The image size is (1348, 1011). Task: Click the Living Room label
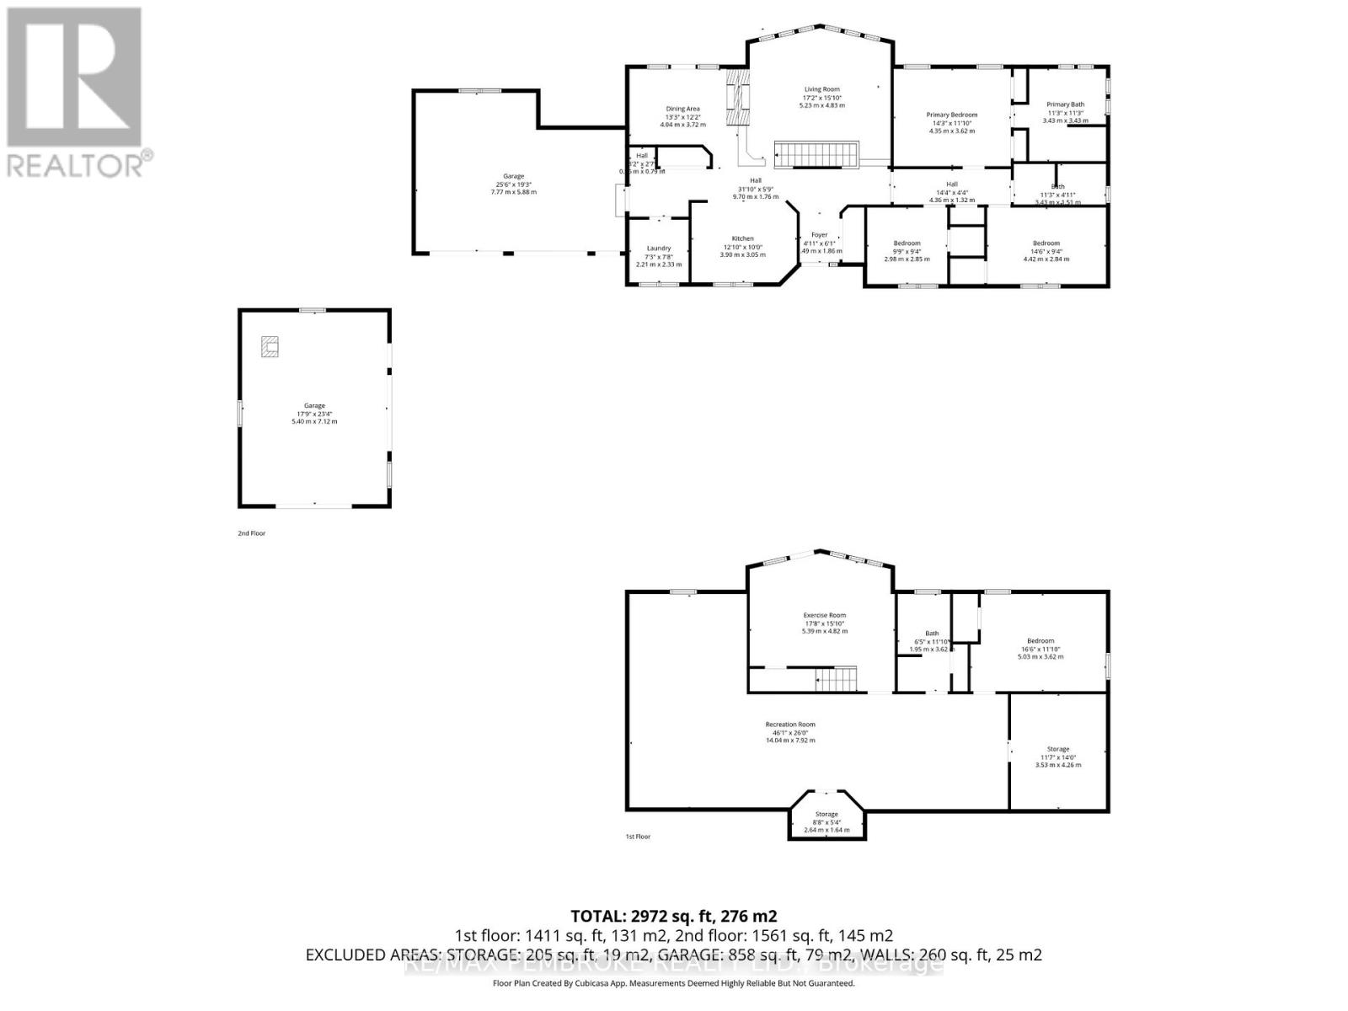pyautogui.click(x=821, y=88)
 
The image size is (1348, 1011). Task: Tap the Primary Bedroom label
pyautogui.click(x=952, y=115)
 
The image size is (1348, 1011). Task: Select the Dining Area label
pyautogui.click(x=682, y=109)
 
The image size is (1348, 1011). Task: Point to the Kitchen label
pyautogui.click(x=742, y=238)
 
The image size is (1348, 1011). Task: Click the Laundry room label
pyautogui.click(x=658, y=249)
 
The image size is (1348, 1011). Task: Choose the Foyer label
pyautogui.click(x=819, y=235)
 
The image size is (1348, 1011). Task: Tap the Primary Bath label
pyautogui.click(x=1065, y=104)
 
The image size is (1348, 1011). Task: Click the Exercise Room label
pyautogui.click(x=824, y=615)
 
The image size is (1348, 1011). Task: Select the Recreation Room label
pyautogui.click(x=789, y=725)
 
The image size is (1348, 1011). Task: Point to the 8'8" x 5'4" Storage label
pyautogui.click(x=826, y=814)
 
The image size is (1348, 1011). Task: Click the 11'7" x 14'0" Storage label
pyautogui.click(x=1057, y=749)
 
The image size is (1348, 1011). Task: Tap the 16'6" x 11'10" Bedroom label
pyautogui.click(x=1040, y=641)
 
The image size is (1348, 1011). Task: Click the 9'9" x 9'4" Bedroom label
pyautogui.click(x=907, y=243)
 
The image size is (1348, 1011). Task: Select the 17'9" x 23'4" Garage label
pyautogui.click(x=314, y=405)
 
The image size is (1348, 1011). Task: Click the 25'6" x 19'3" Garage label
pyautogui.click(x=513, y=176)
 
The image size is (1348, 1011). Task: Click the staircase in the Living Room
pyautogui.click(x=816, y=155)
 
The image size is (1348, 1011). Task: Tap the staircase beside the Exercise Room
pyautogui.click(x=835, y=677)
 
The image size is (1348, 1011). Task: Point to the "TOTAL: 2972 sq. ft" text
pyautogui.click(x=673, y=916)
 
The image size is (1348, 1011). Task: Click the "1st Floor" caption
pyautogui.click(x=637, y=837)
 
